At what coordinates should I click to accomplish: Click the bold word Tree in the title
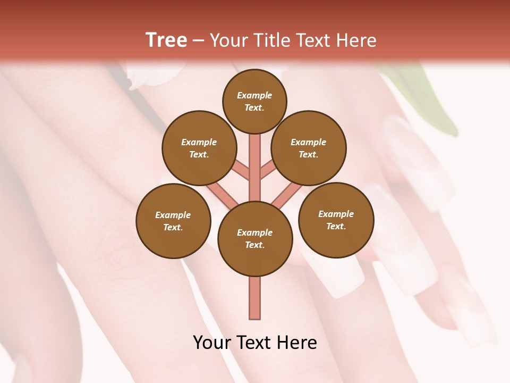(x=166, y=40)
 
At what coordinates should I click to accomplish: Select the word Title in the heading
(x=270, y=40)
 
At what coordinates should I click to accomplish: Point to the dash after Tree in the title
(x=198, y=41)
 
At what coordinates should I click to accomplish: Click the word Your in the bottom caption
(x=212, y=343)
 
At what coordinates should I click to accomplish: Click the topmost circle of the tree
(x=254, y=101)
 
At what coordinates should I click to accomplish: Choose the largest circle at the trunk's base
(x=255, y=239)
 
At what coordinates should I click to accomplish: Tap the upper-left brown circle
(x=199, y=148)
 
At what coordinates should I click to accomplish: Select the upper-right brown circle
(x=309, y=148)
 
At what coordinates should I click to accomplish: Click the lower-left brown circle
(x=173, y=221)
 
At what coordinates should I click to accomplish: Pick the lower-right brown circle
(x=336, y=220)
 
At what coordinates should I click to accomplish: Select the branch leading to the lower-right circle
(x=287, y=194)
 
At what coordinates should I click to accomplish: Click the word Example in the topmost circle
(x=254, y=95)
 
